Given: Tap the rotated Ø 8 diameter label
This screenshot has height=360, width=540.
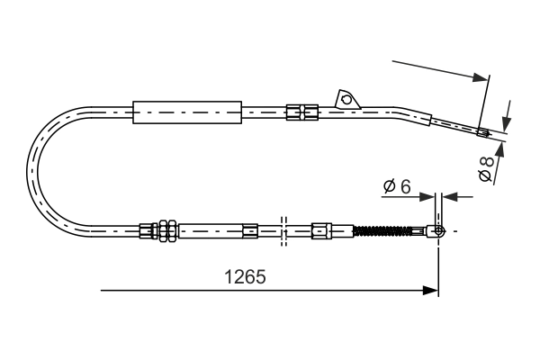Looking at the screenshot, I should (x=486, y=169).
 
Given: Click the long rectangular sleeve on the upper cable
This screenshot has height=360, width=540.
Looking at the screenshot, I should (x=187, y=112).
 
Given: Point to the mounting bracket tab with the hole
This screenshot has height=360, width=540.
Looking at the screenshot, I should (x=346, y=98).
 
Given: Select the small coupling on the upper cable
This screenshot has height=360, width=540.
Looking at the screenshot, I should (x=301, y=112).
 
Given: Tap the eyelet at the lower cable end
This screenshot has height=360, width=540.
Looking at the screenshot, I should (x=438, y=231).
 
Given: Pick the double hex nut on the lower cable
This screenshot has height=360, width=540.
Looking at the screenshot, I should (x=166, y=231).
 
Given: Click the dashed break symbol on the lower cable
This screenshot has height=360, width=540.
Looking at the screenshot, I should (x=283, y=231).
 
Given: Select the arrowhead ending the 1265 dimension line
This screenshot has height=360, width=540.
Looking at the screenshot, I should (x=432, y=291).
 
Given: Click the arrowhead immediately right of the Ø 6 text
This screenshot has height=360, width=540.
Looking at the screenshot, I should (x=428, y=195).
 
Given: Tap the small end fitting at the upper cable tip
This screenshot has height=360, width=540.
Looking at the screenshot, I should (x=482, y=135).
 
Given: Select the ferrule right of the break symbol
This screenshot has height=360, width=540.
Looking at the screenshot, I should (x=320, y=231).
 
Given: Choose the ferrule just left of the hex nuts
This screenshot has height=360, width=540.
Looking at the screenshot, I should (x=147, y=231).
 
